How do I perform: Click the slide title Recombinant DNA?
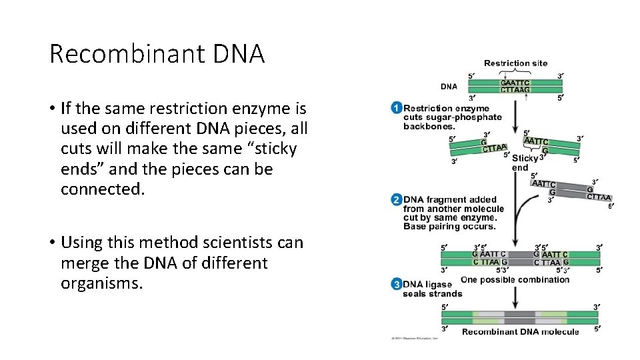[x=157, y=54]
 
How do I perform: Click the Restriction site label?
[x=515, y=63]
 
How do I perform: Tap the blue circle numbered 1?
[x=397, y=108]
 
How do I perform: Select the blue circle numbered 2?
[x=397, y=199]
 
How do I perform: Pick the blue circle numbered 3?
[x=397, y=285]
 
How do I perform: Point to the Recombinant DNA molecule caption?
[x=520, y=332]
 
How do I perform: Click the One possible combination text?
[x=515, y=279]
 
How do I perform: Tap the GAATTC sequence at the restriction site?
[x=515, y=83]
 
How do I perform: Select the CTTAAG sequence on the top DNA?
[x=515, y=89]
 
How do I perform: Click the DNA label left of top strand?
[x=449, y=86]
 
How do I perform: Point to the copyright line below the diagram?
[x=414, y=338]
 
